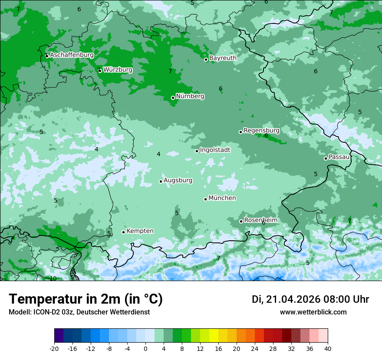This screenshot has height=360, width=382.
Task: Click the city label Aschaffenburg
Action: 72,55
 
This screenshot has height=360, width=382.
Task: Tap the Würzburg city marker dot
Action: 100,71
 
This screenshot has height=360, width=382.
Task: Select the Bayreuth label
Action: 223,58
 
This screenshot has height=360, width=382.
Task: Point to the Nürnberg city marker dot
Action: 173,98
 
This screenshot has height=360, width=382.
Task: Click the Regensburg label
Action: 261,130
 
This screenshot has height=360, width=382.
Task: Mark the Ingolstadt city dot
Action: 197,151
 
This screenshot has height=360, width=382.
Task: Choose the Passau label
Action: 339,157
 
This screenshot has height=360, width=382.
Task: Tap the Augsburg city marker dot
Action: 161,181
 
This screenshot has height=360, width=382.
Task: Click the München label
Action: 222,198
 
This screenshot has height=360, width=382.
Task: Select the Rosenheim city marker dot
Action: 241,221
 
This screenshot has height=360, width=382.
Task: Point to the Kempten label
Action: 140,231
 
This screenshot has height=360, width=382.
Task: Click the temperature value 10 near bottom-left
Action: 53,278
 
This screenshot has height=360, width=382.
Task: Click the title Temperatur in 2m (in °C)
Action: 86,299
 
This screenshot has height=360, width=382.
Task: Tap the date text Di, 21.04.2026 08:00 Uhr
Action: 310,299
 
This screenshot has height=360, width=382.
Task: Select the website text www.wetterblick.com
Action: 313,312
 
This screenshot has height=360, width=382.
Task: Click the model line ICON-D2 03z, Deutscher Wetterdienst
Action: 79,312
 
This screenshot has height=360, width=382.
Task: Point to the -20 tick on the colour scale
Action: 54,348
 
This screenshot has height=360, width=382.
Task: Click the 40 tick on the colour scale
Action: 327,348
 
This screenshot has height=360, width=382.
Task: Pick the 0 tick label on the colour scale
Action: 145,348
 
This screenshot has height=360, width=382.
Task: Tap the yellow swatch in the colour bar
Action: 214,336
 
